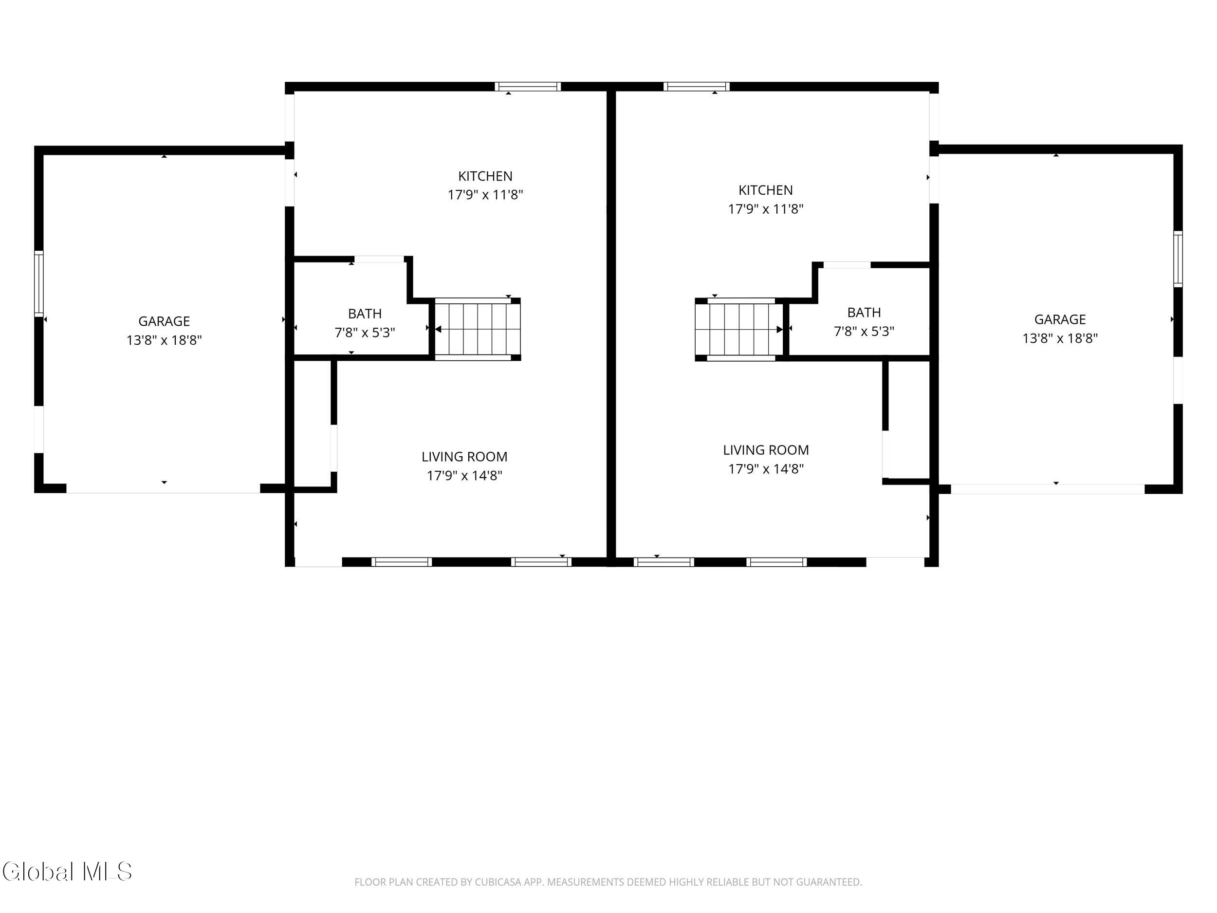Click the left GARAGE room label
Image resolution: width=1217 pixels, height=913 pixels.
click(x=164, y=321)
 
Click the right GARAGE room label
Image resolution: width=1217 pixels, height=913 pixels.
click(x=1060, y=319)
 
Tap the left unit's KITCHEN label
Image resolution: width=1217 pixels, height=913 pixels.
click(x=485, y=176)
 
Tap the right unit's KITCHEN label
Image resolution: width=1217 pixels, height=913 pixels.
click(x=765, y=190)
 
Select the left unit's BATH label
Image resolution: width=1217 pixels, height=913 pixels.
click(x=365, y=314)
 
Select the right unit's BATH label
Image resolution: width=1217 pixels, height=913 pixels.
click(x=864, y=313)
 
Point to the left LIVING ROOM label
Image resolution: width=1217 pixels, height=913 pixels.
click(x=464, y=457)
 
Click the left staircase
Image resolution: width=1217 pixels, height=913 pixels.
click(x=477, y=329)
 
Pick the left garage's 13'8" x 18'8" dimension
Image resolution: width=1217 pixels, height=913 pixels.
click(x=164, y=340)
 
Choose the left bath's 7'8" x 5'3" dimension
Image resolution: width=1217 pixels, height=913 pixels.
click(x=365, y=333)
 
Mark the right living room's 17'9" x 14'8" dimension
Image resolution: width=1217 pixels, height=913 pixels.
click(x=766, y=469)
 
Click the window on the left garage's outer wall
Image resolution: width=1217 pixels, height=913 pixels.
click(x=38, y=283)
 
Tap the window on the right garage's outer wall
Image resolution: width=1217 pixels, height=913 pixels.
click(x=1178, y=259)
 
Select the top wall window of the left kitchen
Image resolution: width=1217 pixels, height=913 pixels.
click(x=528, y=86)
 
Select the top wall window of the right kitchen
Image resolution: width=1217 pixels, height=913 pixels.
click(x=697, y=86)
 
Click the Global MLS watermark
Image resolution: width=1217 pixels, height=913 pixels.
click(x=67, y=872)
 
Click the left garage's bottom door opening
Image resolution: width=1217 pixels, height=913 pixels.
click(x=163, y=489)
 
